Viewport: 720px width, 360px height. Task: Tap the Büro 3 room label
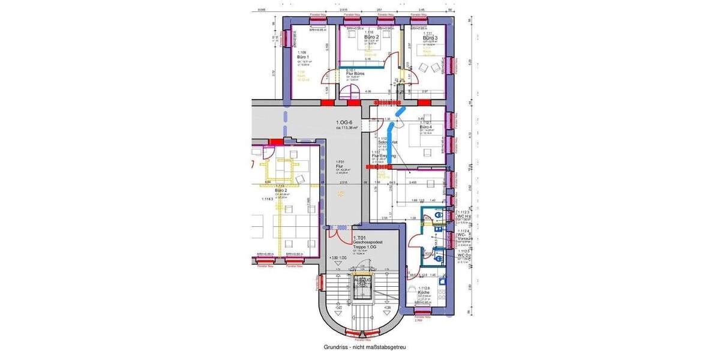click(x=430, y=38)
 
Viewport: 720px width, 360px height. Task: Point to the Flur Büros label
click(x=356, y=73)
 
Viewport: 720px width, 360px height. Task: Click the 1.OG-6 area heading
click(x=347, y=124)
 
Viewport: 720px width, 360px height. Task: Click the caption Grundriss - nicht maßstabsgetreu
click(x=365, y=347)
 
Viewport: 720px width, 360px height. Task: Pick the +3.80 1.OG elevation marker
click(x=339, y=258)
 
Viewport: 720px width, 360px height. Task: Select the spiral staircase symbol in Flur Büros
click(x=349, y=93)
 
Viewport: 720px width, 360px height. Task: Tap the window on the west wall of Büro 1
click(x=287, y=38)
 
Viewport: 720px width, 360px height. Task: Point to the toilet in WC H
click(x=439, y=214)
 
